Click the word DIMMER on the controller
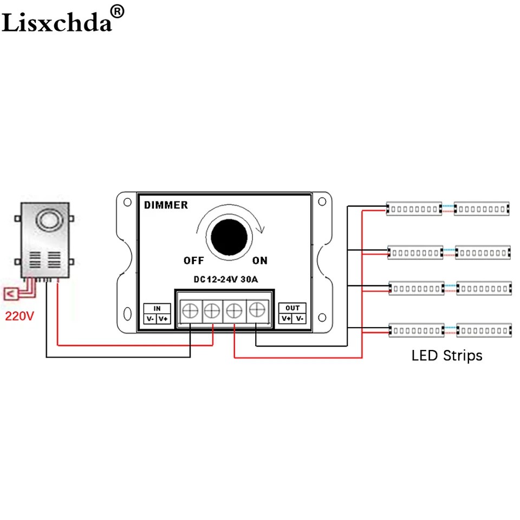(166, 205)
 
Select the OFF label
(193, 261)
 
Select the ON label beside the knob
(260, 261)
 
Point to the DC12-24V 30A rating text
(225, 279)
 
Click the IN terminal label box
(157, 314)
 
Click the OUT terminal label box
(292, 314)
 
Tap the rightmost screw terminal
(255, 310)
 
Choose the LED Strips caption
(447, 356)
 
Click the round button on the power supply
(45, 219)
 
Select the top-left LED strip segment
(413, 209)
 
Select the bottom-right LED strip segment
(484, 329)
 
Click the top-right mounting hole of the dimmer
(322, 202)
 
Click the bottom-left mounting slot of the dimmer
(128, 314)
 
